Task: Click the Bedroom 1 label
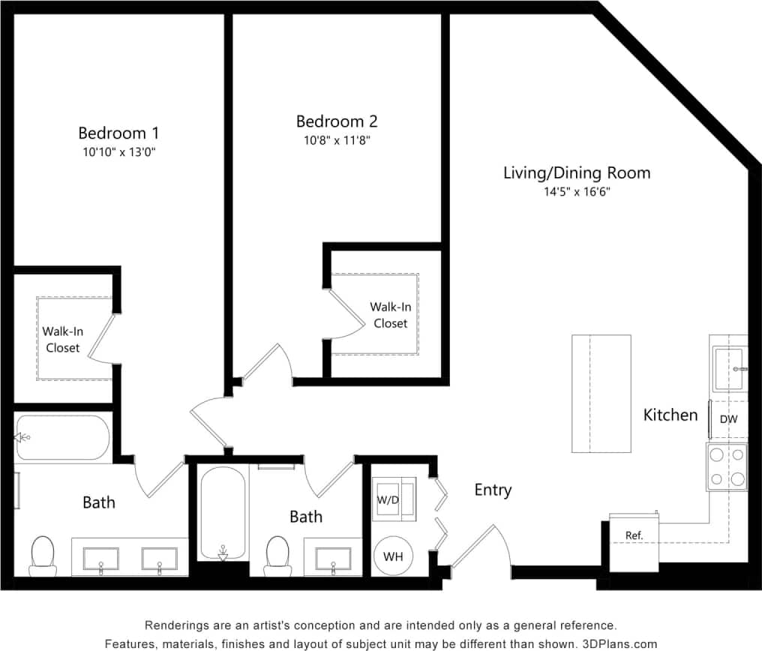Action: click(x=118, y=133)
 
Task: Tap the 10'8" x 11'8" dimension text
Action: click(x=337, y=139)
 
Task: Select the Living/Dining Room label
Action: click(x=576, y=173)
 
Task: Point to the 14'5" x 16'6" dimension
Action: click(x=576, y=192)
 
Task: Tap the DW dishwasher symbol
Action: click(x=728, y=420)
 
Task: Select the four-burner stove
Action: click(x=727, y=466)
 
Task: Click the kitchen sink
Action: click(x=728, y=369)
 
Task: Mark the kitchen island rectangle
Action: click(x=601, y=394)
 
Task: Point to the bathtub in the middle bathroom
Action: click(x=223, y=514)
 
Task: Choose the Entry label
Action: click(x=493, y=490)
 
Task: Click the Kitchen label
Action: click(x=670, y=415)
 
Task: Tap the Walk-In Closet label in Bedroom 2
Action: click(x=390, y=315)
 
